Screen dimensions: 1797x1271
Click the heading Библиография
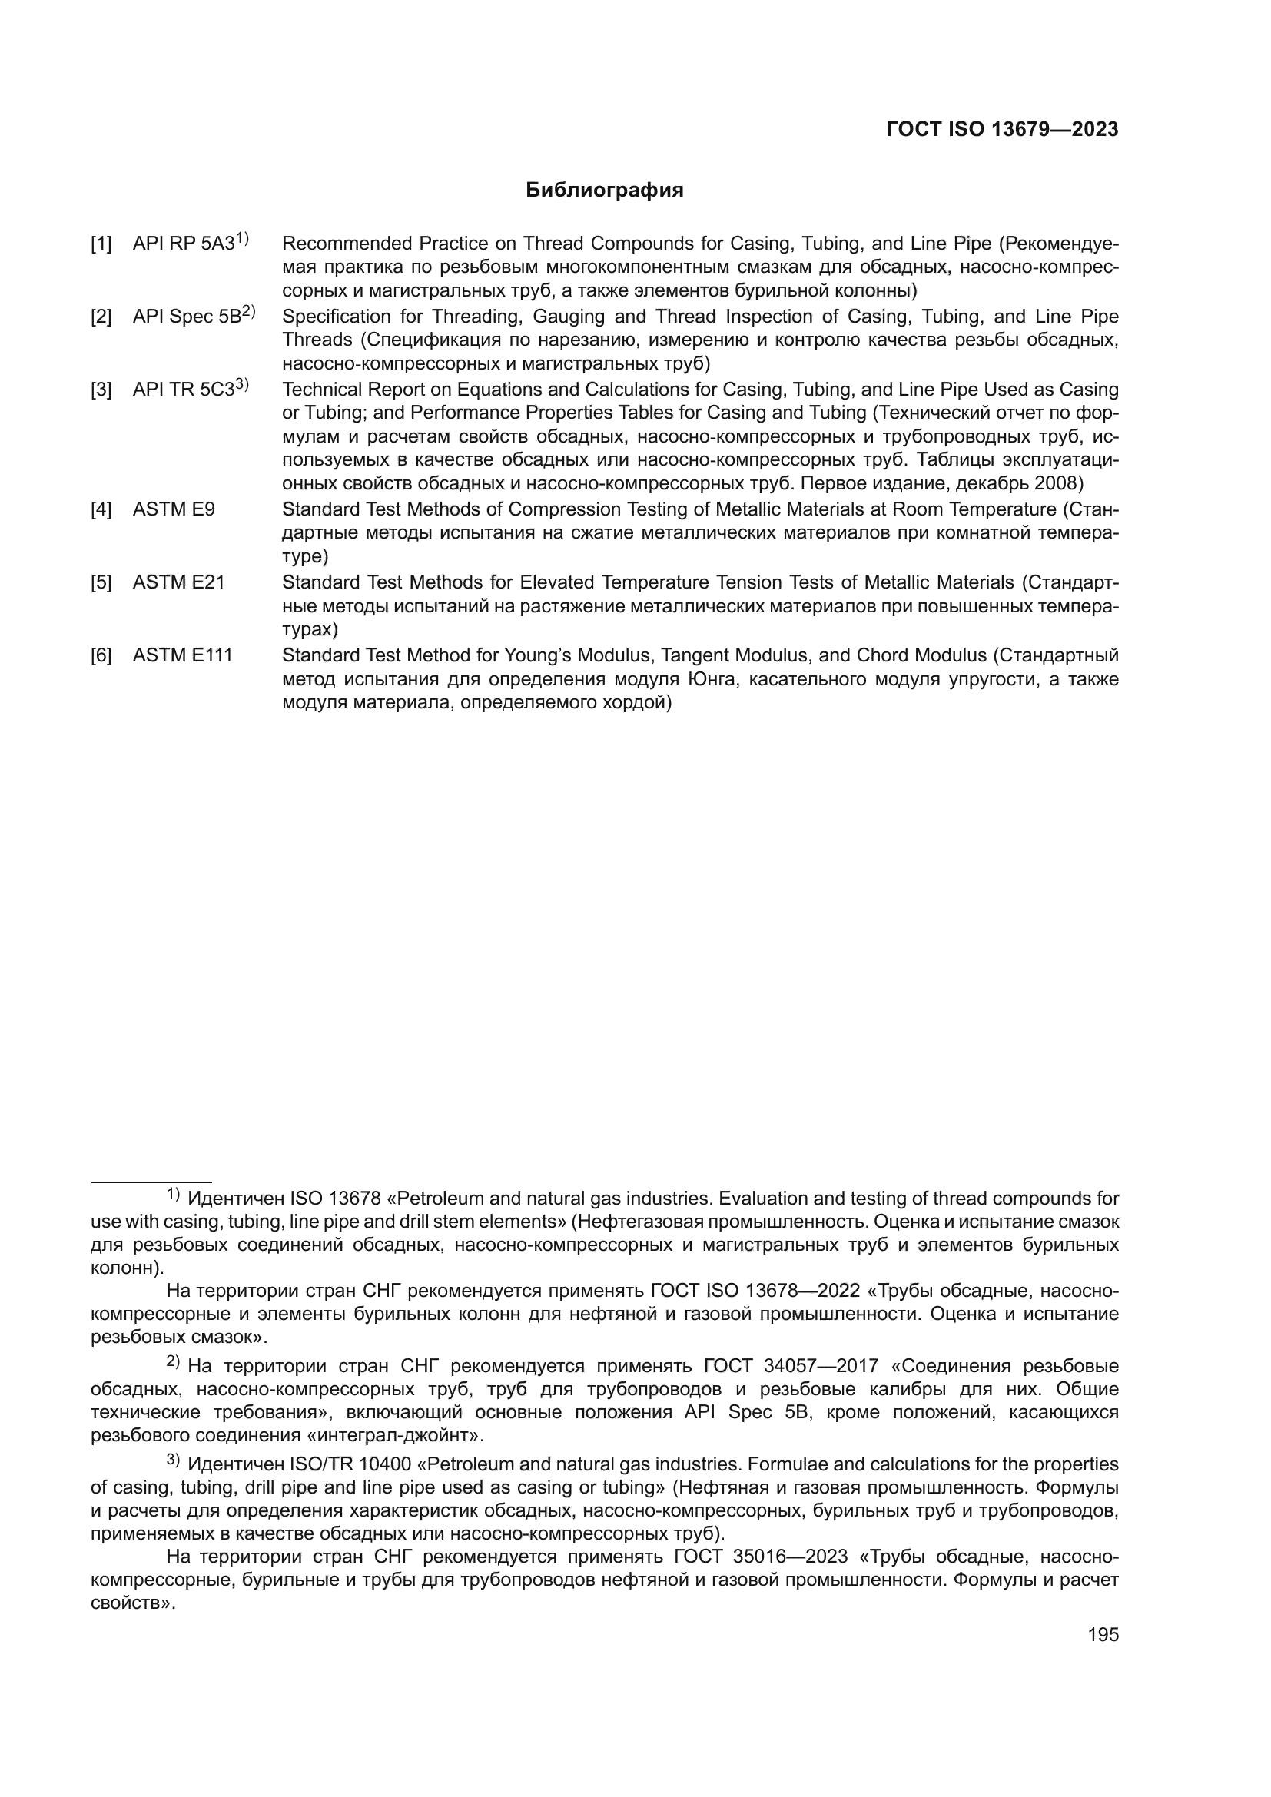604,191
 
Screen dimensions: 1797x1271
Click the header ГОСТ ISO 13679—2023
1002,130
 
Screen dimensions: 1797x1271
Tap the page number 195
1103,1634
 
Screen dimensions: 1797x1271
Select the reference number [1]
101,244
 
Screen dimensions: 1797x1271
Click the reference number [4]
101,509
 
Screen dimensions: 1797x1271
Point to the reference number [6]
101,655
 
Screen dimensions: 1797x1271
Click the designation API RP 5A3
184,244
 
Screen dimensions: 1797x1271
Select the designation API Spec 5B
187,317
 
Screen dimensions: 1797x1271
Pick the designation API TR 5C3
184,389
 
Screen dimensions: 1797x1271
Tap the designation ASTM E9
174,509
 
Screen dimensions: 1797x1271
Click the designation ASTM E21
178,582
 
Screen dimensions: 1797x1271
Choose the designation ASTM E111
182,655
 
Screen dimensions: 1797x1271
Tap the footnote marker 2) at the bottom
173,1363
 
